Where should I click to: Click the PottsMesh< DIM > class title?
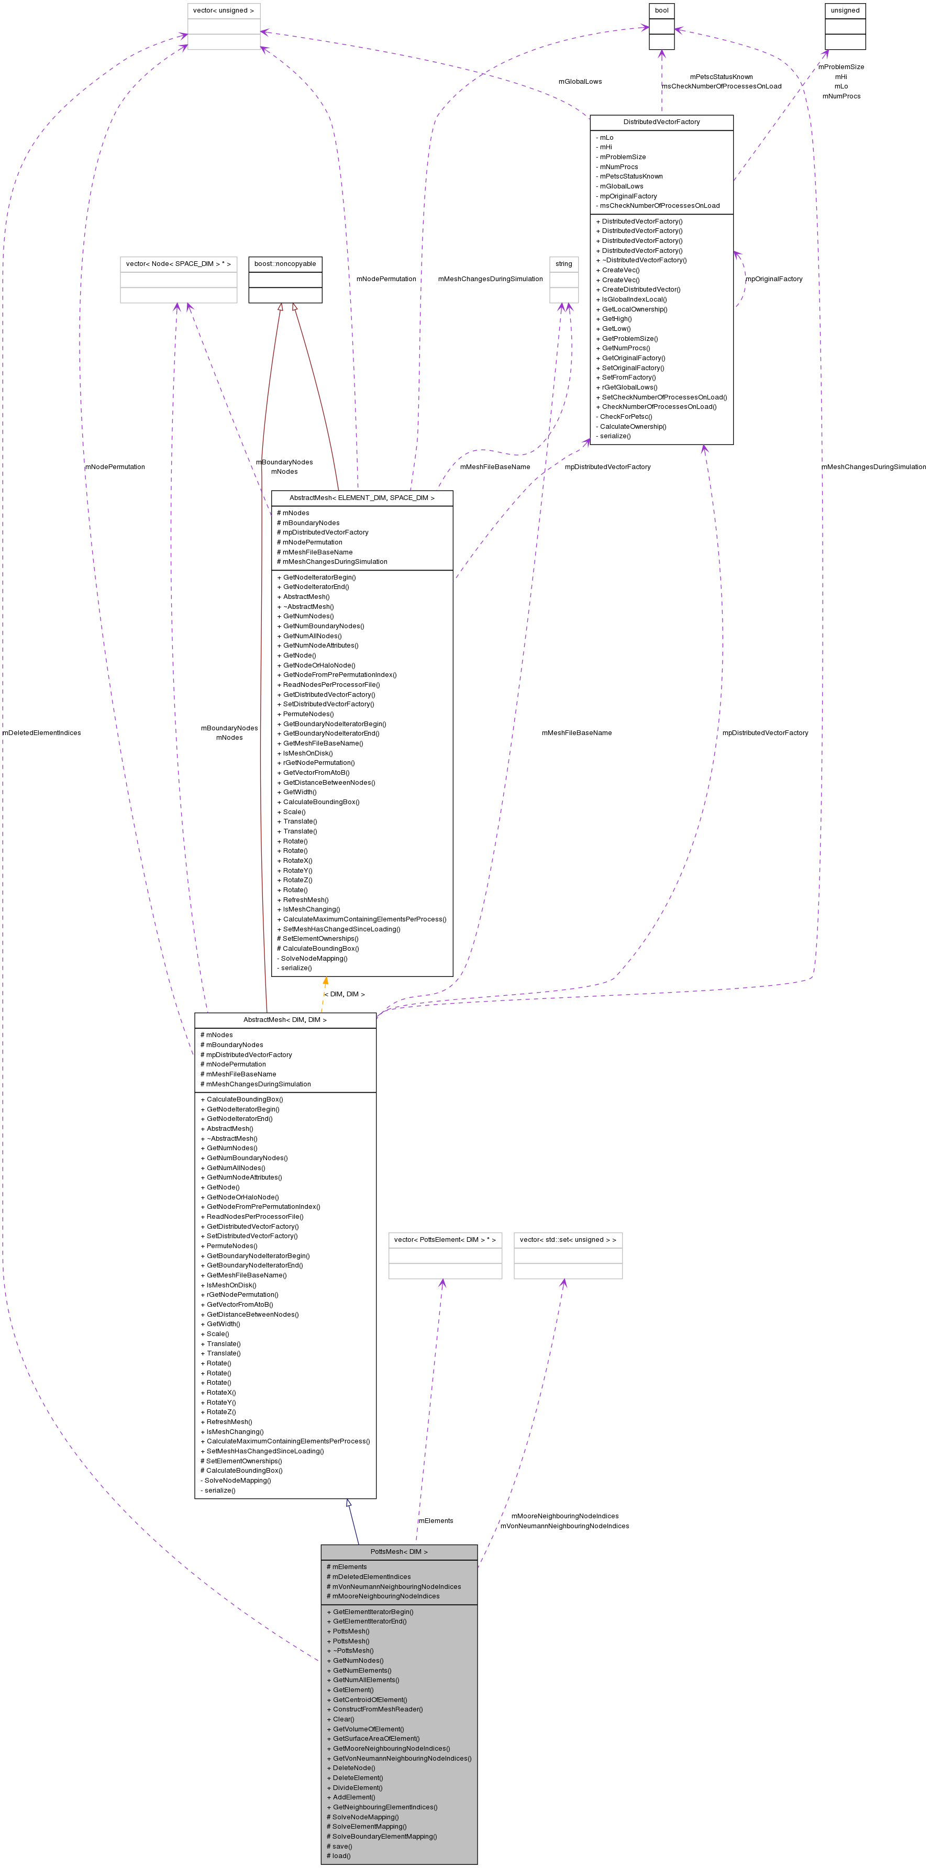click(399, 1552)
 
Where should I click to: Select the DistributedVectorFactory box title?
click(661, 122)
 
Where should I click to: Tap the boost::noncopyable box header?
click(285, 264)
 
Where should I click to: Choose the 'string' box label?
click(563, 264)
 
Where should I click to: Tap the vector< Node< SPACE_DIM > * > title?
click(179, 264)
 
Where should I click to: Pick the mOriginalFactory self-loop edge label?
click(774, 279)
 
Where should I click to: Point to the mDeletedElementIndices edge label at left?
click(41, 732)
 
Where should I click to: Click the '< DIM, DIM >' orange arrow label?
click(345, 994)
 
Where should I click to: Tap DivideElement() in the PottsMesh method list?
click(357, 1787)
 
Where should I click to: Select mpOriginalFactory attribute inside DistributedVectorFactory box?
click(627, 196)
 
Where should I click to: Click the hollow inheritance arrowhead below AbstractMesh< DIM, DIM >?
click(349, 1503)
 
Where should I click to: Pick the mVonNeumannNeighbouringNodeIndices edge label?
click(564, 1526)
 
